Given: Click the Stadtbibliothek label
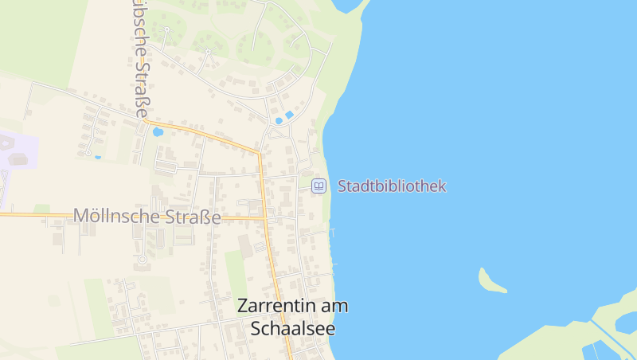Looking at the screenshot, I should pos(392,186).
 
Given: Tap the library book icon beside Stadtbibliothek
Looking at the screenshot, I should pos(318,186).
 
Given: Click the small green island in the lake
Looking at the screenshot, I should pos(490,280).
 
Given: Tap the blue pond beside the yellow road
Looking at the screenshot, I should pos(158,131).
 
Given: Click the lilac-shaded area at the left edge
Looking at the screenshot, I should pos(16,151).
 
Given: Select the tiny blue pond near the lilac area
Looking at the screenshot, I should pos(98,157).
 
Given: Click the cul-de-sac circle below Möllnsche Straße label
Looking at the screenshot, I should pos(143,259).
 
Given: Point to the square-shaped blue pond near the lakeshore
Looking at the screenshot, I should pos(289,115).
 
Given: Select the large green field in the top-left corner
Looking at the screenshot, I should pos(40,36).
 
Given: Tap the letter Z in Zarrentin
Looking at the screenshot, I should pos(243,307).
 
